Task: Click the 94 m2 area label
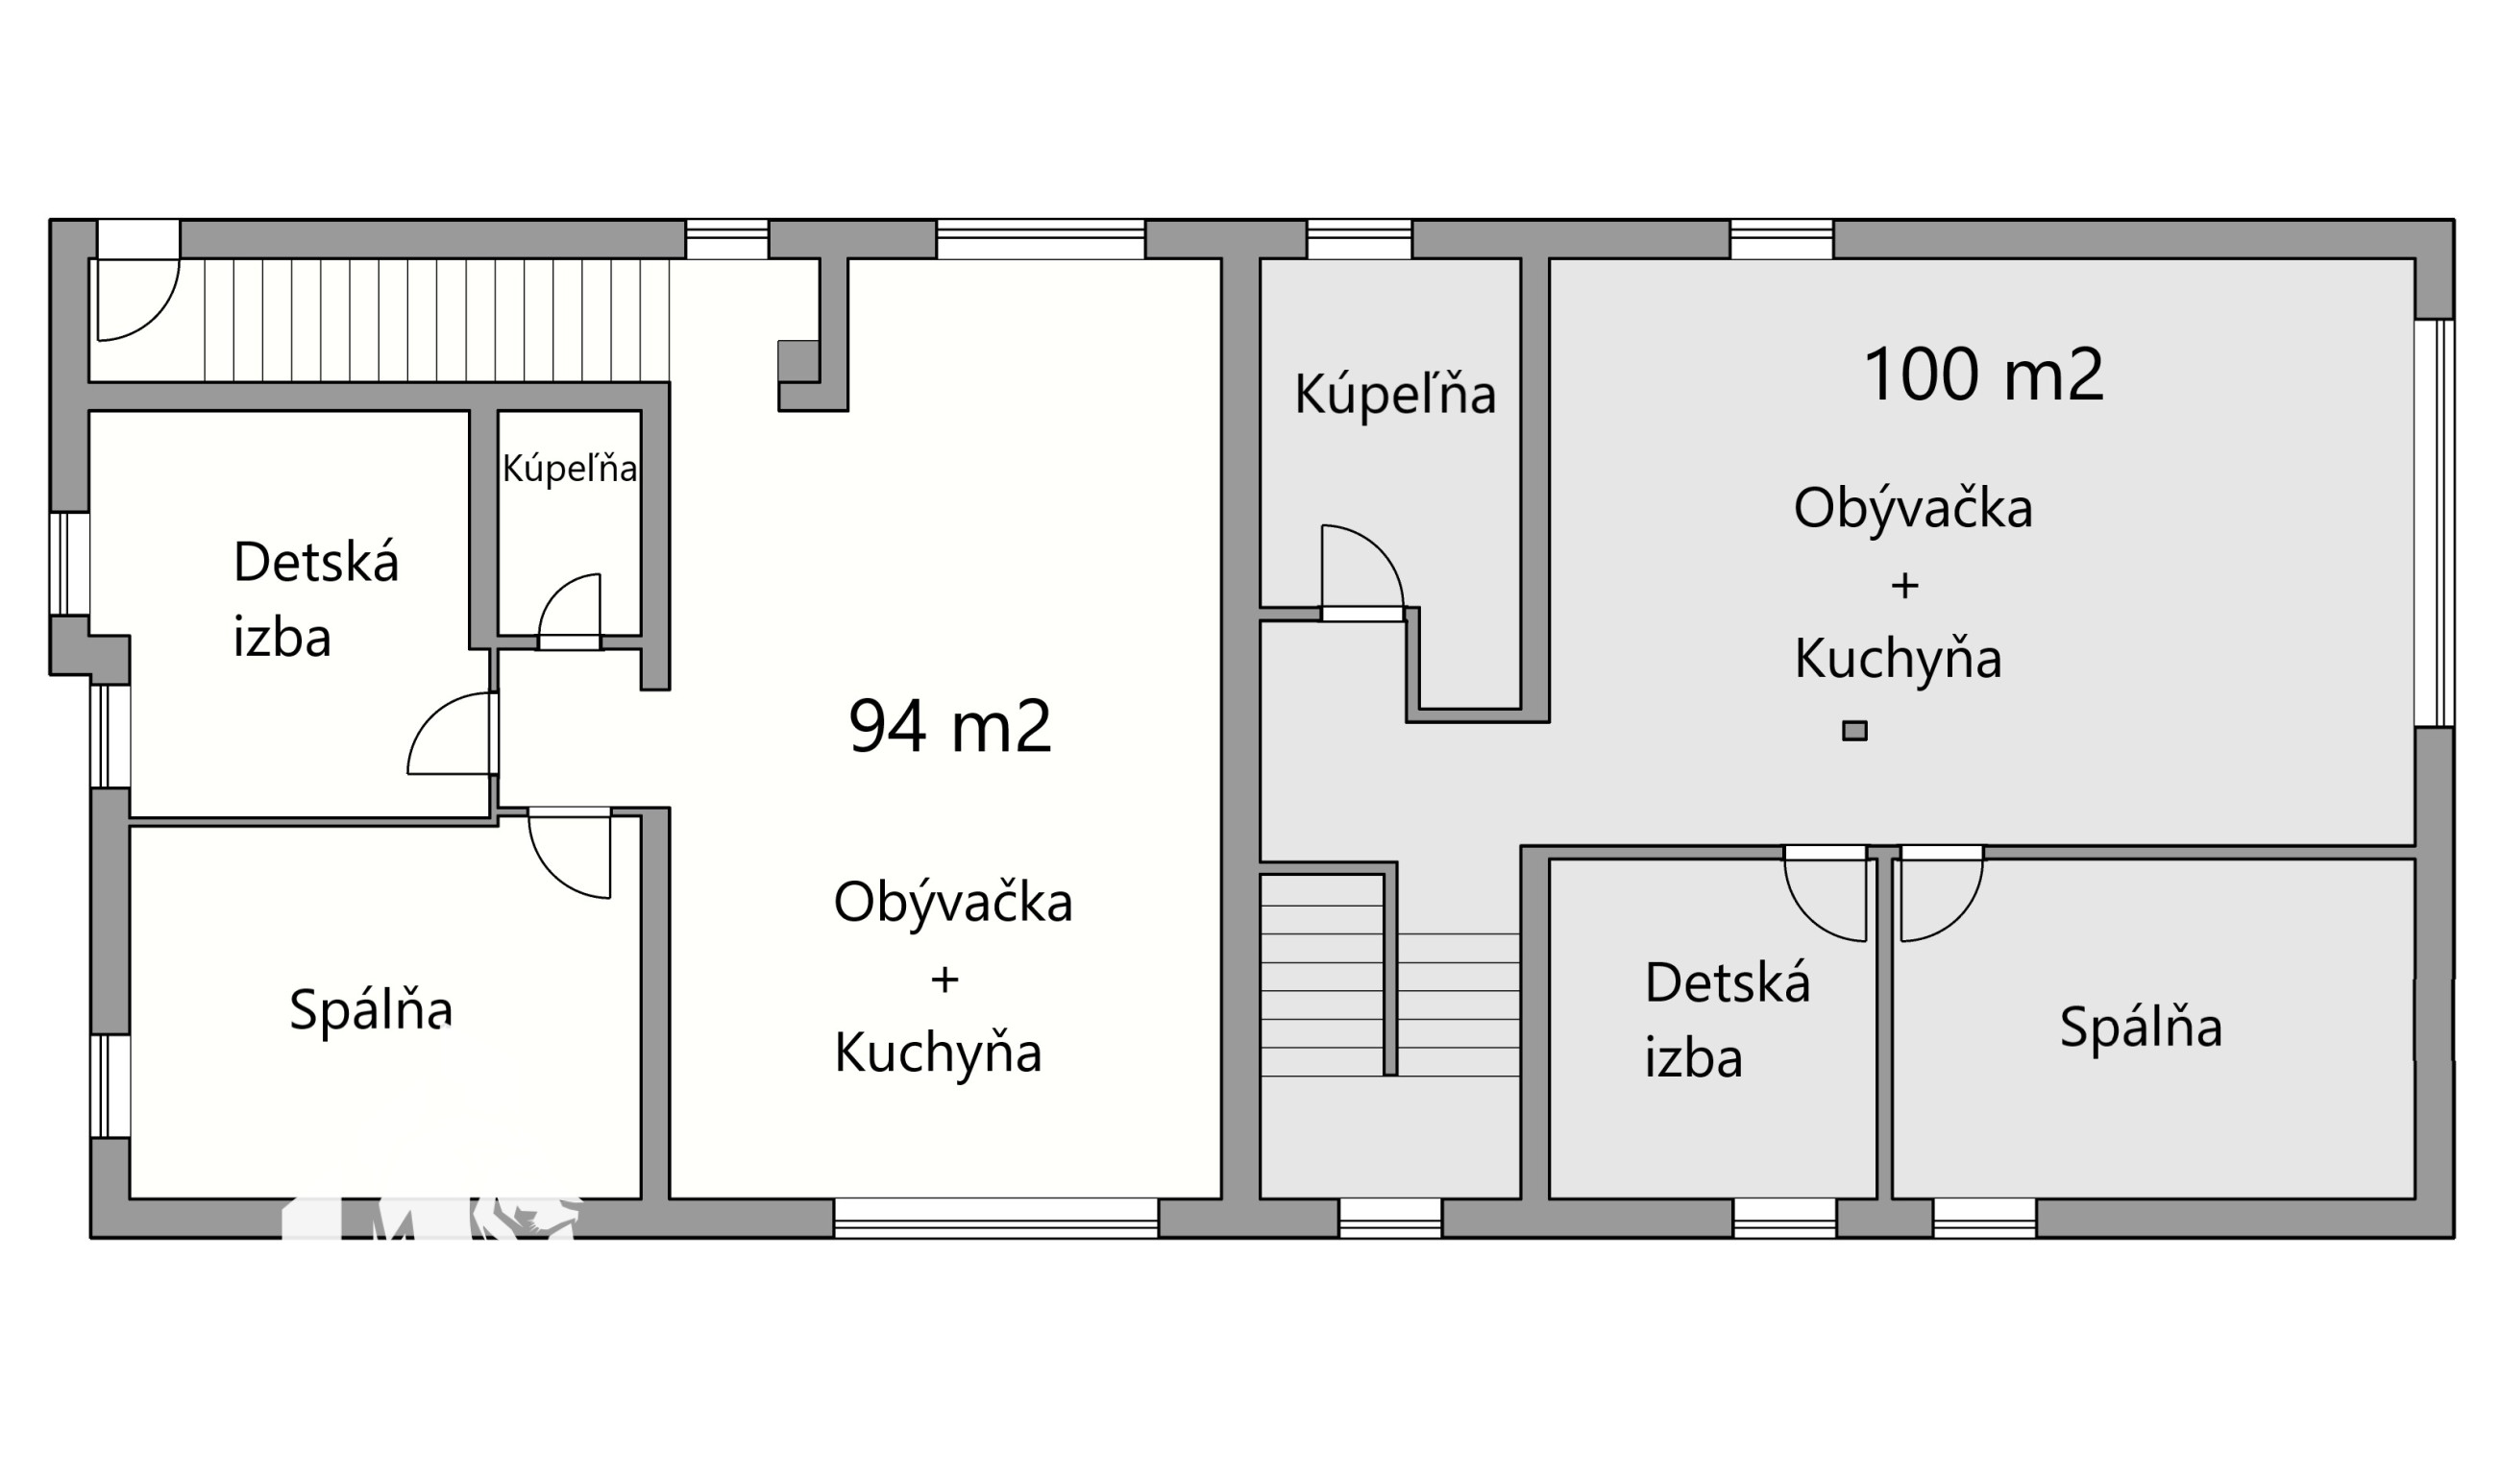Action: (950, 727)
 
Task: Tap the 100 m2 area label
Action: (1984, 375)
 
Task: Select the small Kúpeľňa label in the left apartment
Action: (569, 469)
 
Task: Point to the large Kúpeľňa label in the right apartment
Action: (1395, 394)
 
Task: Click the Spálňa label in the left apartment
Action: (371, 1010)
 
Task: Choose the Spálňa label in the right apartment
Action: (2141, 1028)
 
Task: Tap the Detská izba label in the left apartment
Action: (316, 600)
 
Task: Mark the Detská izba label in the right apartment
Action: (1728, 1021)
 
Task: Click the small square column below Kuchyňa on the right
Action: (1854, 731)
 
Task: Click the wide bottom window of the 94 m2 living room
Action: (995, 1219)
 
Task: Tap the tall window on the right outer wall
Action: (2435, 523)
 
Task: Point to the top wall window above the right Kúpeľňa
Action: (1359, 239)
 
